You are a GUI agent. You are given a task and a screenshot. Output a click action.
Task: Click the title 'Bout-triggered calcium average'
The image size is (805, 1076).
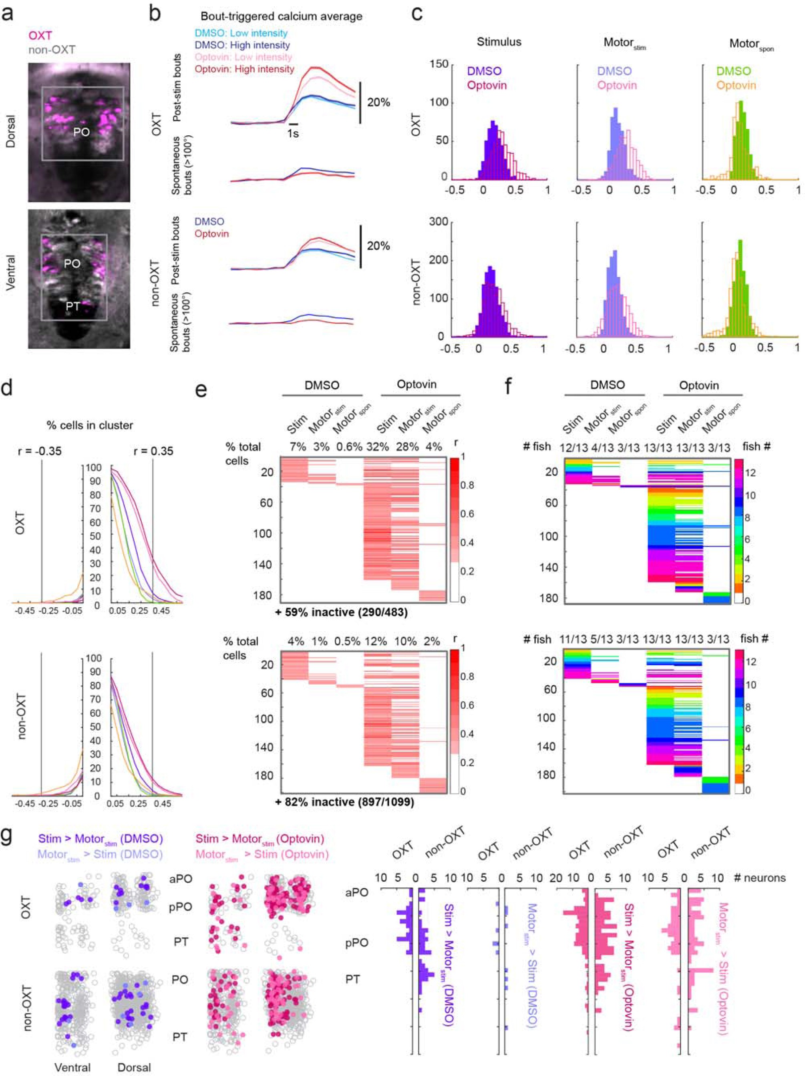click(281, 16)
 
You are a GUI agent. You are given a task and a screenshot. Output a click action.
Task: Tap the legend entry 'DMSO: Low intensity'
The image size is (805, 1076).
click(241, 33)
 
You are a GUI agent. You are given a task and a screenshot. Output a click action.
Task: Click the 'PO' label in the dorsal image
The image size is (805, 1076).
click(81, 132)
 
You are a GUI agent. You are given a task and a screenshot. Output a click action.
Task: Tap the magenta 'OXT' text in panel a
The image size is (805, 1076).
click(40, 36)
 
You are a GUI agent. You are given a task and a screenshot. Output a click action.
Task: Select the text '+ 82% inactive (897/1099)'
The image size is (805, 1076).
click(344, 802)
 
